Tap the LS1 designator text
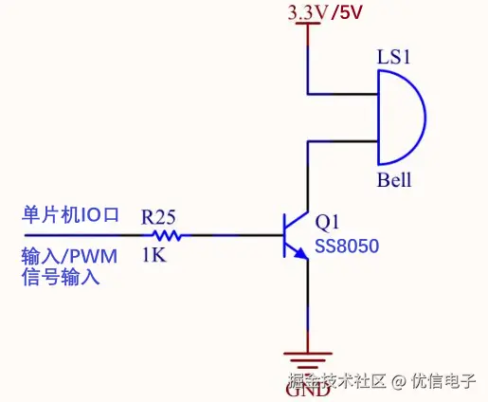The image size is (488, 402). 392,58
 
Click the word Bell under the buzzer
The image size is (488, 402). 394,180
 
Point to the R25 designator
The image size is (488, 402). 159,216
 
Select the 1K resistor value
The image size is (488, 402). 155,255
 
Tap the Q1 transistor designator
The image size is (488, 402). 327,223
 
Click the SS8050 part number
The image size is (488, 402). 347,247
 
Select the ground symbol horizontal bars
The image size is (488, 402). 307,361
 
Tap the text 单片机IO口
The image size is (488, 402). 70,215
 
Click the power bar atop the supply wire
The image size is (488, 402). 307,25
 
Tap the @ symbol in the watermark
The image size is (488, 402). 398,381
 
